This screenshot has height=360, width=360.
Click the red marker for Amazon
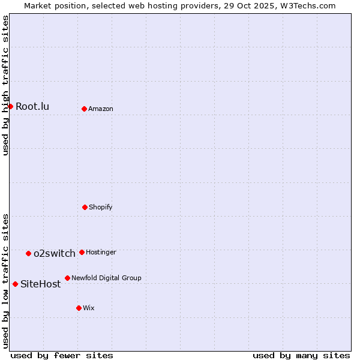point(84,109)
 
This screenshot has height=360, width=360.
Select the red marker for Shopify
point(85,207)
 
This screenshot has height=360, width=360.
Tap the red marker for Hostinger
point(82,252)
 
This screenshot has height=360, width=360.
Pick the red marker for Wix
point(79,308)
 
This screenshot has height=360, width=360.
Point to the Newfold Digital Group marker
point(67,278)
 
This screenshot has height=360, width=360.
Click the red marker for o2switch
point(28,253)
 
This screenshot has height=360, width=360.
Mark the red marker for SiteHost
point(15,284)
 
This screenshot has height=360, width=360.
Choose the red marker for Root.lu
point(10,106)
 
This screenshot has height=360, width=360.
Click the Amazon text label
point(101,109)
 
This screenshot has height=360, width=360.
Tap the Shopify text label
point(101,207)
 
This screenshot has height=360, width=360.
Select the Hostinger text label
point(101,252)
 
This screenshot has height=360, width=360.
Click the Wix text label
point(89,308)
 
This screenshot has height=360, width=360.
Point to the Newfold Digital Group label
point(106,278)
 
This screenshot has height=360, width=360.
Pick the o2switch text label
point(55,253)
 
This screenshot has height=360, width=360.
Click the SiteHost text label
point(41,284)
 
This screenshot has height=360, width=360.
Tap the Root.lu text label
point(32,106)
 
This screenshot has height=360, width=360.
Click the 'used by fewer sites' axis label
point(62,355)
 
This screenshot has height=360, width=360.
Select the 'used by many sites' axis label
point(301,355)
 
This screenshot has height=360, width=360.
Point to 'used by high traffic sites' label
point(5,85)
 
